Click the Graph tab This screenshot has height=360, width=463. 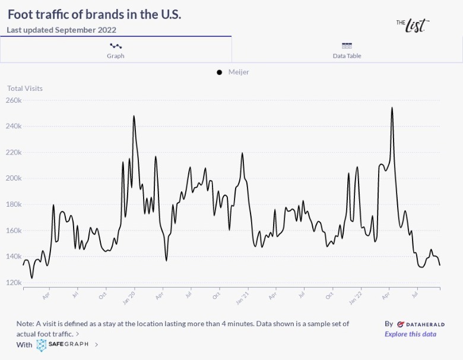tap(115, 50)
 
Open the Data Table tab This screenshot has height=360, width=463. tap(347, 50)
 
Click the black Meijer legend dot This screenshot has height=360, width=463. tap(220, 72)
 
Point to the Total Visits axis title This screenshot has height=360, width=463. tap(25, 89)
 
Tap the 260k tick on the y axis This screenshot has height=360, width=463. tap(14, 100)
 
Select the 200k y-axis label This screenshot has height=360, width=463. tap(14, 178)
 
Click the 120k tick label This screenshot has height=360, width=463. tap(14, 283)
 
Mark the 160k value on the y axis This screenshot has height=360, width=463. tap(14, 230)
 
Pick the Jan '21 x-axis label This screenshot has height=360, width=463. tap(242, 296)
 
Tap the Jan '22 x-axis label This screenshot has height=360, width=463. tap(355, 296)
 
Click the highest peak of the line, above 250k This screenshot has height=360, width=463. tap(392, 108)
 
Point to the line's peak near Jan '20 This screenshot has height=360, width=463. tap(134, 116)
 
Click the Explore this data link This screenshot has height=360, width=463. tap(410, 334)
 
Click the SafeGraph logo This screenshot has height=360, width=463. tap(64, 344)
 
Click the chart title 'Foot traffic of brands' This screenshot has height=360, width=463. tap(94, 14)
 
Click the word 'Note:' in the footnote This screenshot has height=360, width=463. tap(26, 324)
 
